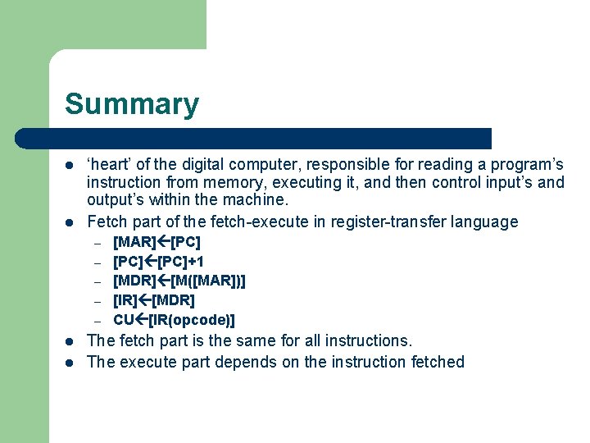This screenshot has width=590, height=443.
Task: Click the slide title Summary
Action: coord(132,104)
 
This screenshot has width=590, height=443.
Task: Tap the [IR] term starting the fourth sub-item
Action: coord(125,300)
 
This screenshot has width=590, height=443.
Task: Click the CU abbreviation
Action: coord(124,319)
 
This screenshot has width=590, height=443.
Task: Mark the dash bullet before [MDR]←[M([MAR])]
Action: coord(96,282)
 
